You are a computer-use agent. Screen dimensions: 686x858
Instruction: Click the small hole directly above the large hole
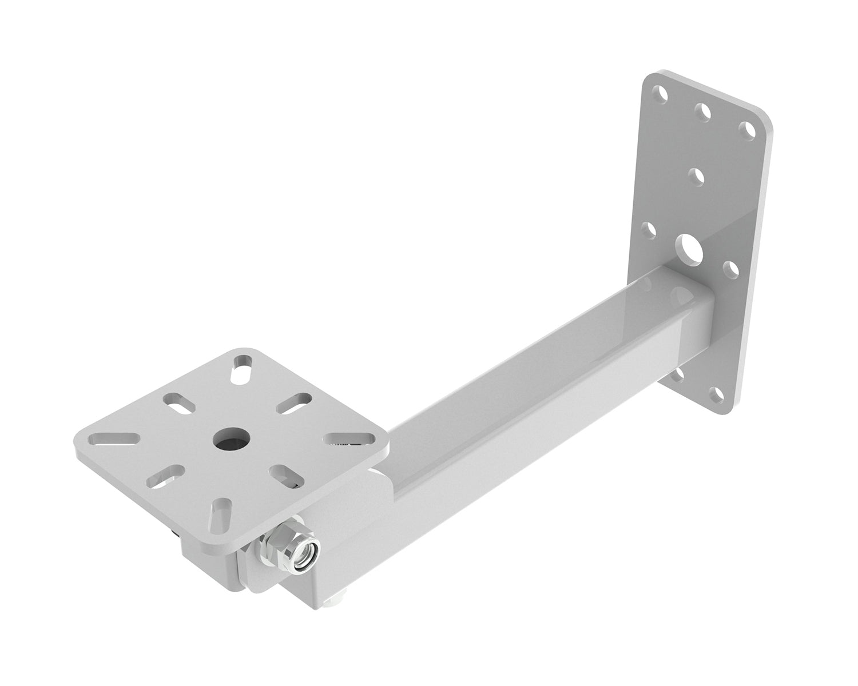tap(696, 174)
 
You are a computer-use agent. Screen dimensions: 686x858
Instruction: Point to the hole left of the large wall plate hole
tap(649, 230)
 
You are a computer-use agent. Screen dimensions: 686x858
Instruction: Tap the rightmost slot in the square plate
tap(349, 439)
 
